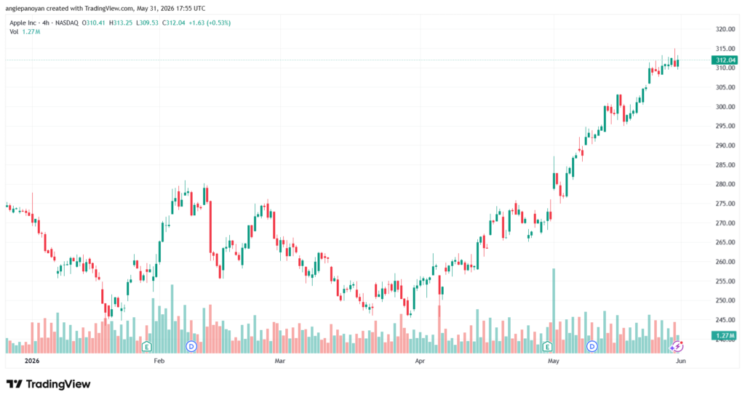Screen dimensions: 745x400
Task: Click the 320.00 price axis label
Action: (x=725, y=29)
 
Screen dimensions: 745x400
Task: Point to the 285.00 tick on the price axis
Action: (x=725, y=165)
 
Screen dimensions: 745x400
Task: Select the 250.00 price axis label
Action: (x=725, y=300)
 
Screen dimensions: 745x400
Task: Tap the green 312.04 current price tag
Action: (x=725, y=60)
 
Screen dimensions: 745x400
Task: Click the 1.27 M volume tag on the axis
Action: (x=725, y=336)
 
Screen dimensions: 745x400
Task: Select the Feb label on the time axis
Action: (x=159, y=361)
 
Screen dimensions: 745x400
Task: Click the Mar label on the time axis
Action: (x=280, y=361)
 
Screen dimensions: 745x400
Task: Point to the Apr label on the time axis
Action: (x=420, y=361)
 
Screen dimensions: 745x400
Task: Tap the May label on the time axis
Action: (x=554, y=361)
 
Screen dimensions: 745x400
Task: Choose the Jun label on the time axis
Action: (x=681, y=361)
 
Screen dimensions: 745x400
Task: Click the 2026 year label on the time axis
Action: (x=32, y=361)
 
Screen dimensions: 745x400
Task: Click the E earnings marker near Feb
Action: (x=146, y=347)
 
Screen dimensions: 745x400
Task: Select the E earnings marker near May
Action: (x=547, y=347)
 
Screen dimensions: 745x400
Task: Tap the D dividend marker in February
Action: (x=191, y=346)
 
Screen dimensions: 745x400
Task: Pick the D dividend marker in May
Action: (x=591, y=346)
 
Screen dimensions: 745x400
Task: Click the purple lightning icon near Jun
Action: (x=677, y=347)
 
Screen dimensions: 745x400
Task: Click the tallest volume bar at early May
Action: (x=554, y=311)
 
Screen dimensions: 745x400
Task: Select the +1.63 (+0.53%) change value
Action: (x=210, y=23)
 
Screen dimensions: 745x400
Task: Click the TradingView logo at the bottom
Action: (x=48, y=384)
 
